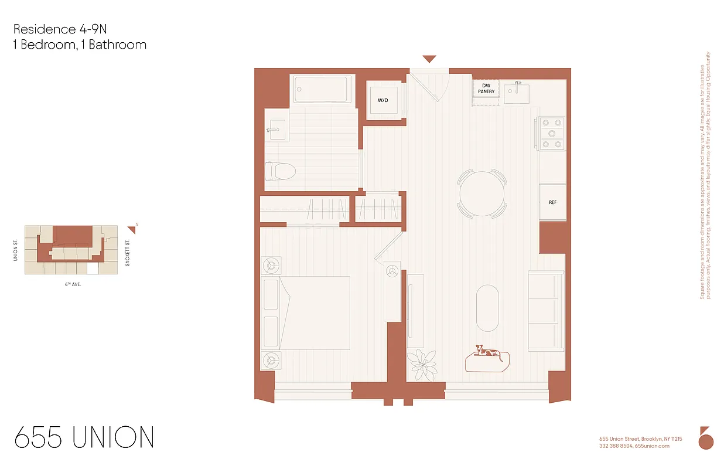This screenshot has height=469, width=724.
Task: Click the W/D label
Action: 383,100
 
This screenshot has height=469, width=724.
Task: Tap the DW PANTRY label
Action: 486,89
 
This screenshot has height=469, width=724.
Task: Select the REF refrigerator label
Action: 552,202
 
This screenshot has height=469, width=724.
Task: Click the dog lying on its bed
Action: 487,353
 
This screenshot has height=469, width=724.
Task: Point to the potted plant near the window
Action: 422,363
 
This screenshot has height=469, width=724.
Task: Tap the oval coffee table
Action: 487,308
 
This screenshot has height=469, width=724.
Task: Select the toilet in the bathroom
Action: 280,171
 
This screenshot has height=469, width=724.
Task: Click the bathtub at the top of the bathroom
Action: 323,90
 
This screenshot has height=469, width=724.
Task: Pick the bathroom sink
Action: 276,129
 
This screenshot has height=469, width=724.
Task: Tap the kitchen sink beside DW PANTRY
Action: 517,93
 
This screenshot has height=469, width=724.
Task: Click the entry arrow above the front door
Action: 429,59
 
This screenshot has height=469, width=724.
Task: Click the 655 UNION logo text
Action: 84,437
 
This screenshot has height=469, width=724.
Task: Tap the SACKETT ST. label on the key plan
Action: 127,252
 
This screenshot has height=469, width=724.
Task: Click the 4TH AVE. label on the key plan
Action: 73,284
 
